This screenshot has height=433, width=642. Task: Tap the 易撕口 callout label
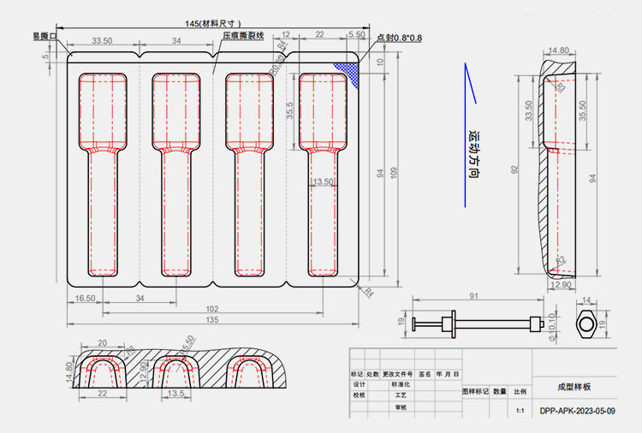[x=44, y=36]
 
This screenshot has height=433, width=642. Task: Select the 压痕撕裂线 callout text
[x=243, y=37]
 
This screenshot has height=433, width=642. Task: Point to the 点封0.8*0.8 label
[x=399, y=38]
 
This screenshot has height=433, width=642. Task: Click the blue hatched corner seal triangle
[x=348, y=69]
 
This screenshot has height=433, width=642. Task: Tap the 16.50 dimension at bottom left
[x=84, y=298]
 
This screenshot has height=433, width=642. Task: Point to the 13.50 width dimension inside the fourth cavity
[x=324, y=181]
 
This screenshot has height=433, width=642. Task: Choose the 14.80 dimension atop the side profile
[x=558, y=50]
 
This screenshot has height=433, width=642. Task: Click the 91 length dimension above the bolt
[x=473, y=296]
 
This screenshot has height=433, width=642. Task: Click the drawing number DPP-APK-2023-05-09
[x=578, y=411]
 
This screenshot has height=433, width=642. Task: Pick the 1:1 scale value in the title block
[x=520, y=412]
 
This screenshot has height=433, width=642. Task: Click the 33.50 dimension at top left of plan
[x=102, y=41]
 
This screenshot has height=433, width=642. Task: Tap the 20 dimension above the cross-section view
[x=102, y=342]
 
